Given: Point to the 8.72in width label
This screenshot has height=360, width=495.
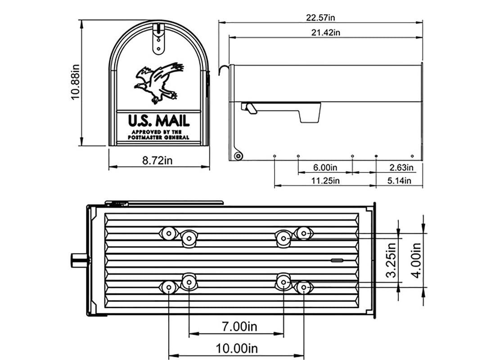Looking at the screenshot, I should (159, 160).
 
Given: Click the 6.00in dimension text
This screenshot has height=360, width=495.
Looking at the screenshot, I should (325, 168).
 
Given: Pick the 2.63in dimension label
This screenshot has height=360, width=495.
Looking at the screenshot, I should (400, 168).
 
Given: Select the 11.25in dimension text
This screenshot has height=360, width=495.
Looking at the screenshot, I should (325, 181).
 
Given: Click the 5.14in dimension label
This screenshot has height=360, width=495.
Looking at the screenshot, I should (400, 181).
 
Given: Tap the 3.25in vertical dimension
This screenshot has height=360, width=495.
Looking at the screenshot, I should (391, 261).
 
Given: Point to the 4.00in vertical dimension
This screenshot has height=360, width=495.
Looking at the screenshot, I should (416, 261).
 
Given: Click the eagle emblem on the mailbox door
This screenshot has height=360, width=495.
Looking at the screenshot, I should (158, 82).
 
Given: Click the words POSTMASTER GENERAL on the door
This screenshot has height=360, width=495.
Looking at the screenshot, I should (158, 137).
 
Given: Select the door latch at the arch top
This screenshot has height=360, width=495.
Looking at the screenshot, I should (158, 38).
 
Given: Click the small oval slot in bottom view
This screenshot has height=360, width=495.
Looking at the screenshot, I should (337, 260).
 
